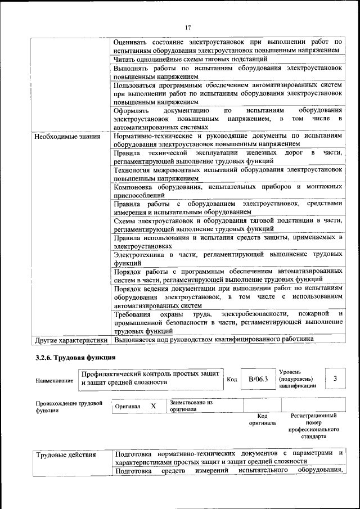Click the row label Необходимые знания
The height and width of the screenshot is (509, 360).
click(67, 136)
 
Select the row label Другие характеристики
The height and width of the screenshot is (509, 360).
click(71, 340)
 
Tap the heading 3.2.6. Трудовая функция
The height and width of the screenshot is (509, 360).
click(76, 358)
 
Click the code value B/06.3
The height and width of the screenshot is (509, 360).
click(258, 380)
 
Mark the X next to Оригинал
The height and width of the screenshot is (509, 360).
click(153, 406)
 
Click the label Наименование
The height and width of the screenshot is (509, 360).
click(54, 381)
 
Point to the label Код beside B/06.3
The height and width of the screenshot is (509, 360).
click(232, 380)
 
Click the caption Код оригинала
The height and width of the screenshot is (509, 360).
click(262, 419)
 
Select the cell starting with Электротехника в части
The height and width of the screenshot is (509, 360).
click(228, 259)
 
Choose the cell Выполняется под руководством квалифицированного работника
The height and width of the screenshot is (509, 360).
click(213, 339)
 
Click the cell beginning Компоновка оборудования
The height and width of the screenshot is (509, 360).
click(228, 190)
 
